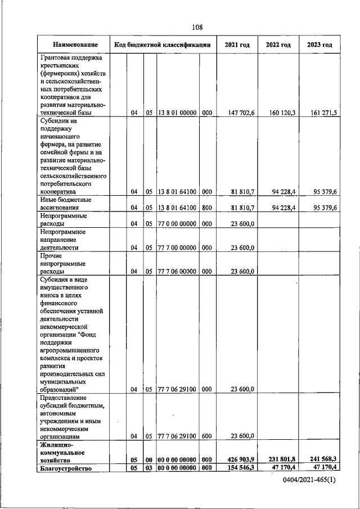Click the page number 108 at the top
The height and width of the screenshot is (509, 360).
pyautogui.click(x=196, y=27)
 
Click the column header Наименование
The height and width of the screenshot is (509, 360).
pyautogui.click(x=75, y=44)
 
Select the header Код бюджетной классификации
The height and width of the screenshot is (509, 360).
pyautogui.click(x=162, y=44)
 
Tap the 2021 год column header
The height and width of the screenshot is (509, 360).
pyautogui.click(x=237, y=44)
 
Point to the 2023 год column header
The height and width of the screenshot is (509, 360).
pyautogui.click(x=319, y=44)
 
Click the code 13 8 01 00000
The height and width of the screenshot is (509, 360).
pyautogui.click(x=177, y=113)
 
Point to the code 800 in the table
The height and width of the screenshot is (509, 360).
pyautogui.click(x=206, y=208)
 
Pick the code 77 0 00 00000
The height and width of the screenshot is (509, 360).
pyautogui.click(x=177, y=223)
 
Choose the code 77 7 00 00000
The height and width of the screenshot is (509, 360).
pyautogui.click(x=177, y=247)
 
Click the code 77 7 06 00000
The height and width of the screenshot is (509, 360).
pyautogui.click(x=177, y=272)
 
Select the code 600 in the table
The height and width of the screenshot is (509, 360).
pyautogui.click(x=206, y=435)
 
